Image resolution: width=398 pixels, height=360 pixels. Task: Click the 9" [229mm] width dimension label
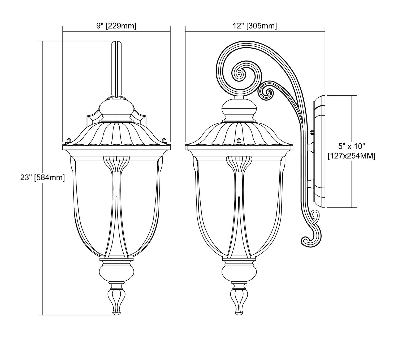(x=116, y=26)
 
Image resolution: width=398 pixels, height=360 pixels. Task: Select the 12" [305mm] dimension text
(x=255, y=26)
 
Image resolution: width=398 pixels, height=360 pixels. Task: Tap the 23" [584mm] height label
(x=42, y=178)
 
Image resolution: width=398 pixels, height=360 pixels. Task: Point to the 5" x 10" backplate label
(x=352, y=147)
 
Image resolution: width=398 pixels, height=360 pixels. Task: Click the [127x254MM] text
(x=351, y=156)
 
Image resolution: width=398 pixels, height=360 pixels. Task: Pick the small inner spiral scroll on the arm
(x=269, y=93)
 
